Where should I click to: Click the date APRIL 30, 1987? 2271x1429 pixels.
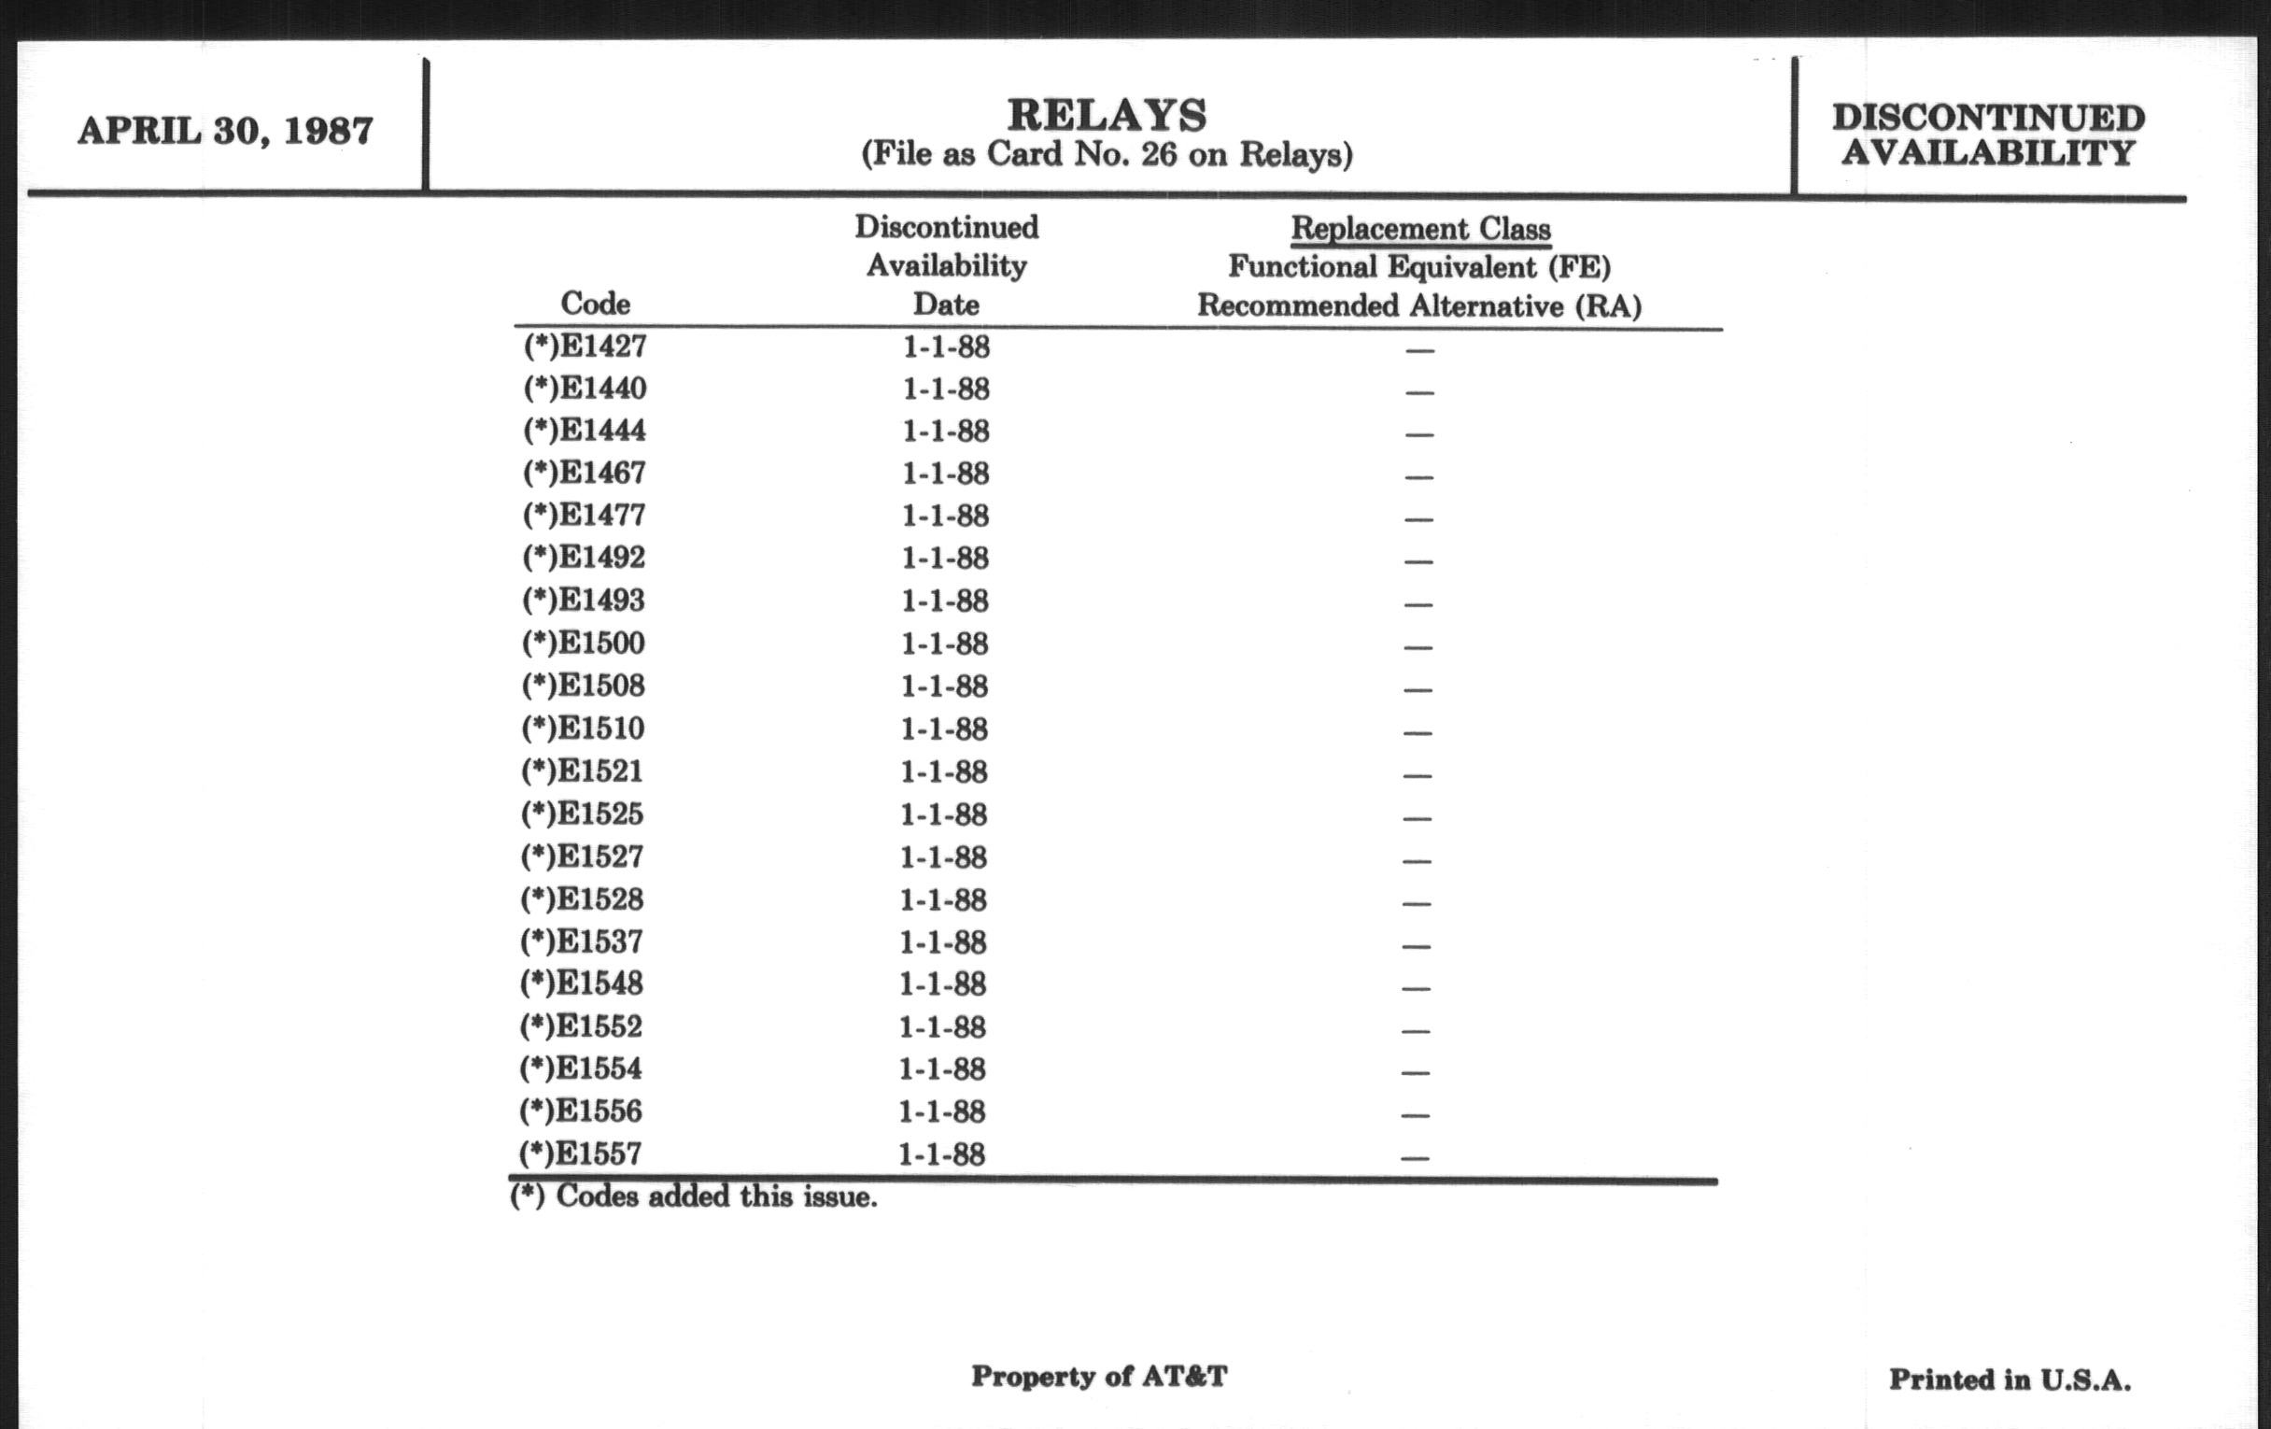225,131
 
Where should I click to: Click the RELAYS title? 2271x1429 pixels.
1107,116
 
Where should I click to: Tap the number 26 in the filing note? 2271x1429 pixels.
1158,154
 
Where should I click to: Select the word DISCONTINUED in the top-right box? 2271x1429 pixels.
1988,118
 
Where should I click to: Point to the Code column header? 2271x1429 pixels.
595,304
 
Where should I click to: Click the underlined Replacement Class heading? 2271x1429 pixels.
1420,229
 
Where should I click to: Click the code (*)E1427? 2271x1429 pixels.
585,347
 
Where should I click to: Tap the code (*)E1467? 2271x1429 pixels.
585,473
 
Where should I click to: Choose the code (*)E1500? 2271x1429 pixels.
584,644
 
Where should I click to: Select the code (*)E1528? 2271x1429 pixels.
582,898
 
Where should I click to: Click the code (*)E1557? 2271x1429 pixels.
580,1153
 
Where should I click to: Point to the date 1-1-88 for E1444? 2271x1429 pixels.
946,432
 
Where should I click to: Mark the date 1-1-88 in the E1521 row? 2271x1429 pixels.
944,771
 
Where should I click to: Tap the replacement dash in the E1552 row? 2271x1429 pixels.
1416,1030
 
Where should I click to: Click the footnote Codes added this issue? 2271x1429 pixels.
693,1197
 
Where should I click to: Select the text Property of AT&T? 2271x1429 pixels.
1100,1376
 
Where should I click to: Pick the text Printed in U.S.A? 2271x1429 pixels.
2010,1379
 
